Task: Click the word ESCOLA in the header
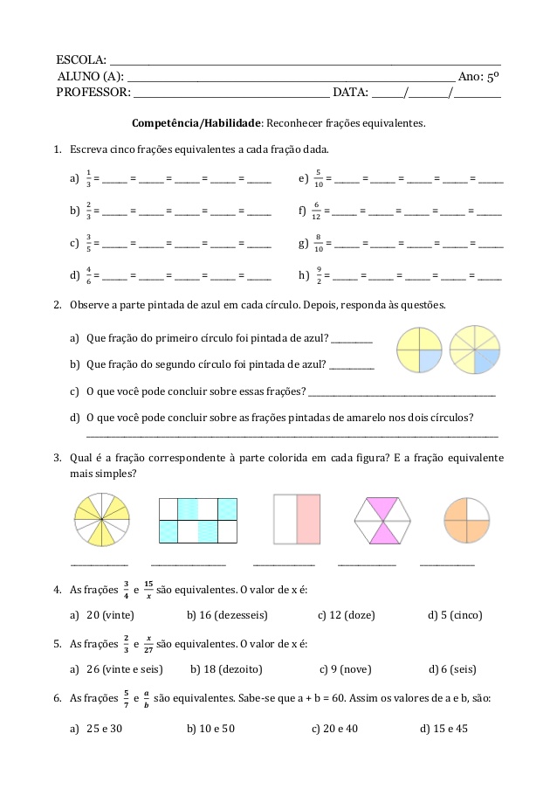79,60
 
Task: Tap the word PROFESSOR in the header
93,91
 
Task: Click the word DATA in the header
350,91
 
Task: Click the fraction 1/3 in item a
88,178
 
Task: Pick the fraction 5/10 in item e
319,178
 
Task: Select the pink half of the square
310,521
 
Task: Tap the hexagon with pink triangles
382,522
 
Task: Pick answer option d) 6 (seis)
452,669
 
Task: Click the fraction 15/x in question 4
148,590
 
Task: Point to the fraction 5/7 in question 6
126,700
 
